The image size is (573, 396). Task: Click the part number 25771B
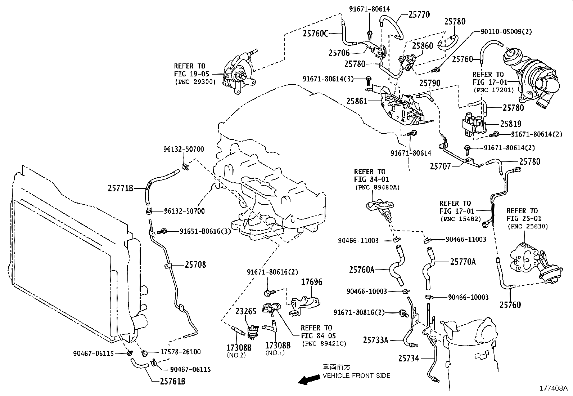pos(121,188)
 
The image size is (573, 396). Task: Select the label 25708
pos(195,265)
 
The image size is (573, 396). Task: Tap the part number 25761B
pos(173,381)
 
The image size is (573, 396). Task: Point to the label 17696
pos(312,282)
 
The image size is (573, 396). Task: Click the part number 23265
pos(246,311)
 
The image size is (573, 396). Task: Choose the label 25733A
pos(375,340)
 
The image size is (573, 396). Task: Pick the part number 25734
pos(409,358)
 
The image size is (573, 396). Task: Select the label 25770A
pos(463,262)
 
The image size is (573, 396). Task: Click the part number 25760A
pos(362,270)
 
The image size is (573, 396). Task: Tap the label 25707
pos(440,166)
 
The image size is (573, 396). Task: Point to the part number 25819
pos(510,124)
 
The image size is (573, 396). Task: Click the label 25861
pos(357,101)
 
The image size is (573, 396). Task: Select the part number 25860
pos(423,46)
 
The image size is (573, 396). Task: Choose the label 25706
pos(339,53)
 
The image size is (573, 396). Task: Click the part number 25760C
pos(316,34)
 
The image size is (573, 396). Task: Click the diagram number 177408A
pos(553,388)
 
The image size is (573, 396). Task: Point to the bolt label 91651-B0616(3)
pos(205,231)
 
